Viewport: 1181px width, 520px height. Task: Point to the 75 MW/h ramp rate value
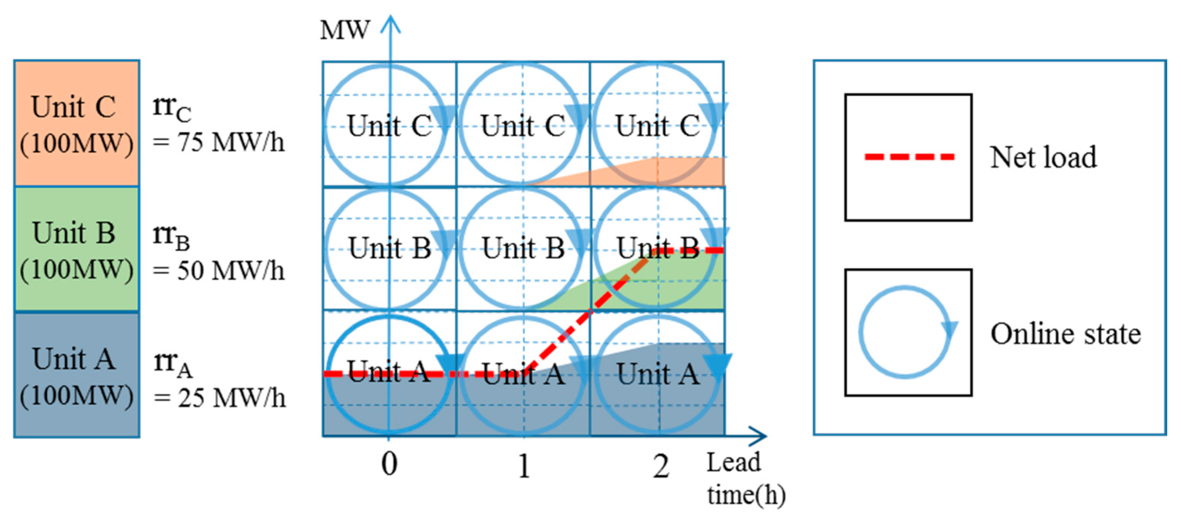(x=219, y=142)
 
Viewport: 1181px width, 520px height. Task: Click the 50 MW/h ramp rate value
(x=219, y=270)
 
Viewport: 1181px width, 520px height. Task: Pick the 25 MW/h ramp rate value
(x=219, y=398)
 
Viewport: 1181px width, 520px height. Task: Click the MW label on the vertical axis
(x=344, y=31)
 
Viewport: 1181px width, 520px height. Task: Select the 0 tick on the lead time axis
(x=389, y=464)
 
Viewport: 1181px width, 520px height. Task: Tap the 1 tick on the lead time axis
(x=524, y=466)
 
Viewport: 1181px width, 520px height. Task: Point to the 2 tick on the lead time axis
(x=660, y=467)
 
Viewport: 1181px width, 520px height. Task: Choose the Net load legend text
(x=1044, y=157)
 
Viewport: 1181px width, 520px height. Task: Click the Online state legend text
(x=1066, y=333)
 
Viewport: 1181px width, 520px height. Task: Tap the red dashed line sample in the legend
(x=909, y=157)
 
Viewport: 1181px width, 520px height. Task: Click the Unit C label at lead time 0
(x=389, y=125)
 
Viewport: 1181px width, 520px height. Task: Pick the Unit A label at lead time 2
(x=657, y=374)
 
